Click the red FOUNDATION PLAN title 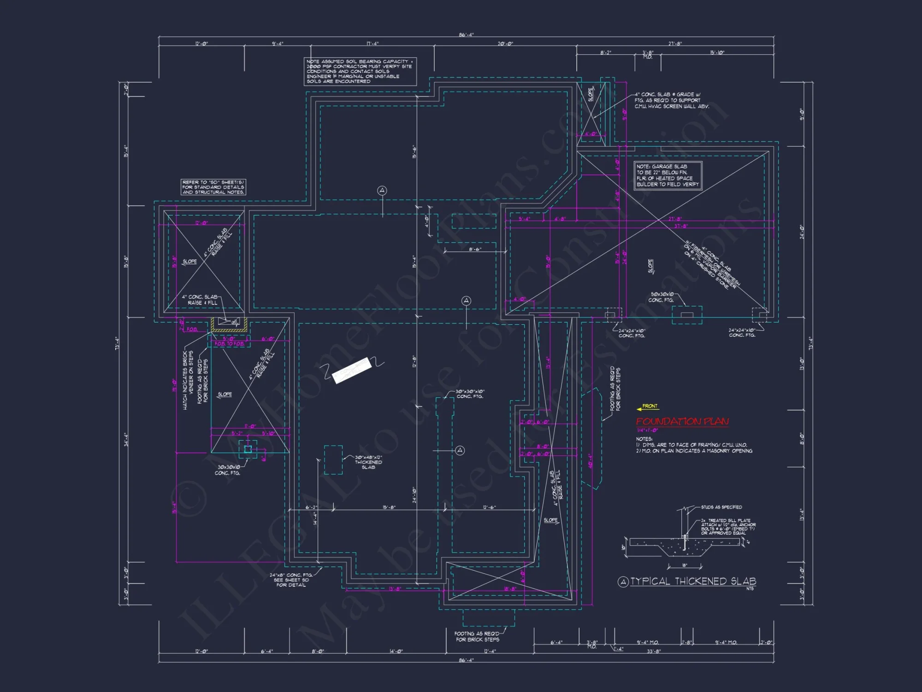click(x=682, y=421)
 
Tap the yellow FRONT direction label click(x=650, y=406)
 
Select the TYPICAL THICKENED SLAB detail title click(x=693, y=581)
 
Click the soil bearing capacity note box click(x=360, y=71)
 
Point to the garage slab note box click(x=668, y=175)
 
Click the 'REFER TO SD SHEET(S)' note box click(x=213, y=187)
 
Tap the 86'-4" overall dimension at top click(x=466, y=35)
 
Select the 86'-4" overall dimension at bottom click(x=466, y=660)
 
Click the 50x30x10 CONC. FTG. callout click(x=662, y=297)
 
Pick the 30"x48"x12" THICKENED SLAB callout click(x=368, y=462)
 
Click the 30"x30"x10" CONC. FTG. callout click(x=470, y=394)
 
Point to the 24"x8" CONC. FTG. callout click(x=291, y=580)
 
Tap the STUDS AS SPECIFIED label click(x=721, y=507)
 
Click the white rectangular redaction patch click(x=352, y=370)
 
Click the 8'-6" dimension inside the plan click(x=475, y=249)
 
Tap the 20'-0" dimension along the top click(x=505, y=44)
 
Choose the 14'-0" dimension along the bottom click(x=396, y=651)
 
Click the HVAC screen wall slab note click(x=671, y=100)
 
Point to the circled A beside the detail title click(x=623, y=582)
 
